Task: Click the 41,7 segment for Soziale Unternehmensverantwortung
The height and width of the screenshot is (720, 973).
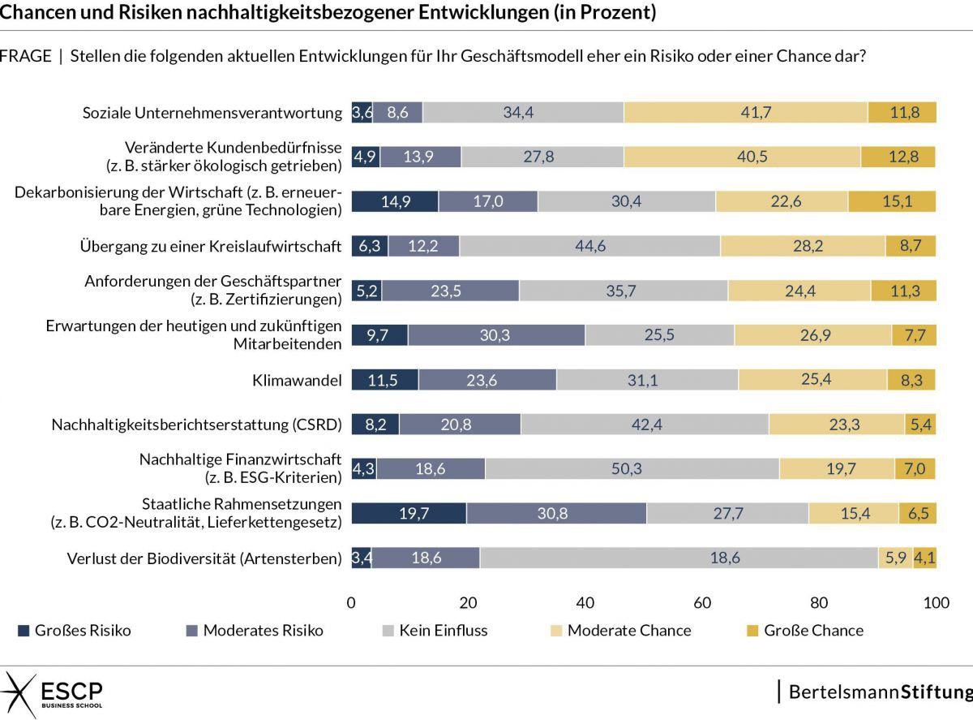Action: pyautogui.click(x=745, y=113)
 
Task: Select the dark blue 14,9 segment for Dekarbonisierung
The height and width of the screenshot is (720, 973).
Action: pyautogui.click(x=395, y=201)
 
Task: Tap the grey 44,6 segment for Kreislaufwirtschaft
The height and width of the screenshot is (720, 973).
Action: pyautogui.click(x=589, y=246)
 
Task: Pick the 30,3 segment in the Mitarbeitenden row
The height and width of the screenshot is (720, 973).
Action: pyautogui.click(x=496, y=334)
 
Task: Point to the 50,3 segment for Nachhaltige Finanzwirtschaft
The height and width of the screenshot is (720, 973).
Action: pyautogui.click(x=632, y=468)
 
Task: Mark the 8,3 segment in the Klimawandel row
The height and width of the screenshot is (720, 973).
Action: pyautogui.click(x=911, y=379)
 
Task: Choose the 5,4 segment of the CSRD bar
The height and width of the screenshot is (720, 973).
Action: pyautogui.click(x=920, y=424)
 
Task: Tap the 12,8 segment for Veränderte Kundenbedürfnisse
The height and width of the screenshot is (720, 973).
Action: pyautogui.click(x=898, y=157)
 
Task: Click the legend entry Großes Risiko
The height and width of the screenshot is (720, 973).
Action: pyautogui.click(x=74, y=631)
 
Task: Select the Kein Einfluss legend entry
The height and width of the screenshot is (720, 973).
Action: pyautogui.click(x=434, y=631)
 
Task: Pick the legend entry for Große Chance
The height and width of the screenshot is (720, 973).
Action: pyautogui.click(x=804, y=631)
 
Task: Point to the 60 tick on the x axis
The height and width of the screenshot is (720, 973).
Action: pyautogui.click(x=702, y=603)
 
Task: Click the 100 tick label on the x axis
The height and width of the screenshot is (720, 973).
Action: pyautogui.click(x=936, y=603)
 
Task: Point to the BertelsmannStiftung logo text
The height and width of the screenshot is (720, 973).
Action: pyautogui.click(x=880, y=692)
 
